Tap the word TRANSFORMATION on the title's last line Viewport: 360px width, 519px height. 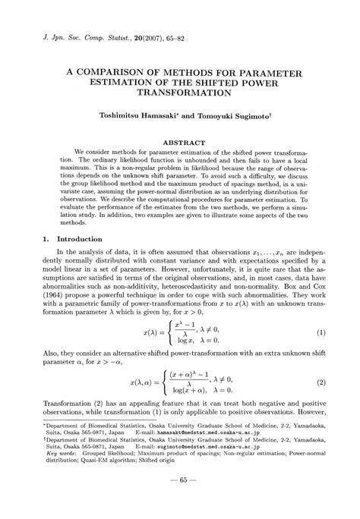click(183, 93)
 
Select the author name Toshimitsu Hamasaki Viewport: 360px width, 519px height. click(145, 118)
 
